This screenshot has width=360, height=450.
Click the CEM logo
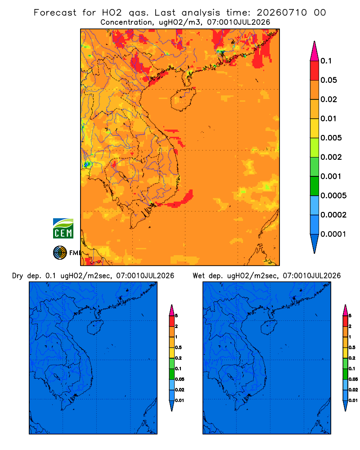tap(63, 229)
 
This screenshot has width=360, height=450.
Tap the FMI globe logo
tap(60, 252)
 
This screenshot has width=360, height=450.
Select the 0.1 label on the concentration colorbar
tap(326, 61)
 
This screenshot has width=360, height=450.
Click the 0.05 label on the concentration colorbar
tap(328, 80)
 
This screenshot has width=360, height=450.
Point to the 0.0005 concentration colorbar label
tap(333, 196)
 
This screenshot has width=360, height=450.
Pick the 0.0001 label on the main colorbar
tap(333, 234)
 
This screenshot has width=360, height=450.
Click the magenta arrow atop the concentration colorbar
tap(315, 51)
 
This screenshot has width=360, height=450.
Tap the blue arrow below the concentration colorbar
tap(315, 243)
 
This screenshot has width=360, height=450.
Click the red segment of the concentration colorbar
tap(315, 71)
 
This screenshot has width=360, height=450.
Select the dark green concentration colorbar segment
tap(315, 186)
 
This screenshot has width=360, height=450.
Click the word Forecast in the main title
tap(55, 13)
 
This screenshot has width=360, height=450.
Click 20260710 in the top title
tap(282, 13)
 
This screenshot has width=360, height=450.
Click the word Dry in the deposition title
tap(18, 276)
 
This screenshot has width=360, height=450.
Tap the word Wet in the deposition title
tap(198, 276)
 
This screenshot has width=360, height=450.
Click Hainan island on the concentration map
tap(183, 99)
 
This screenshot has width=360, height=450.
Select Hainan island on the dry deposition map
tap(95, 327)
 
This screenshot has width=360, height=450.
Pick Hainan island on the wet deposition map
tap(269, 327)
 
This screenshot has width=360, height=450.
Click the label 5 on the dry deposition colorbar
tap(176, 316)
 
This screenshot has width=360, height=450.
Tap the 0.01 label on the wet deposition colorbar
tap(353, 400)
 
